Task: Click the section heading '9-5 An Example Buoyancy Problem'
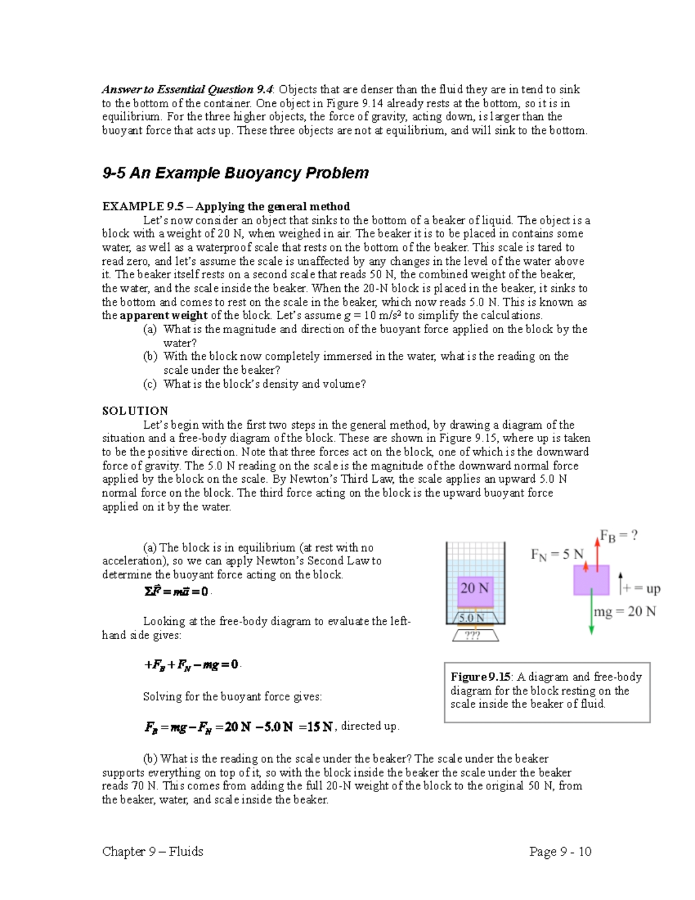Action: coord(235,173)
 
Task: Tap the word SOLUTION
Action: coord(135,411)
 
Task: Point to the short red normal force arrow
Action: coord(586,566)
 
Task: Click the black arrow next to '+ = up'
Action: coord(620,583)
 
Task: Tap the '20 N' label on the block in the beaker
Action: coord(474,588)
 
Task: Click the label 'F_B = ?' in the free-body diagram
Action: coord(618,535)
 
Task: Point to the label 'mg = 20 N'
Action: coord(625,611)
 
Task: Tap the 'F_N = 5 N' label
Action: coord(557,555)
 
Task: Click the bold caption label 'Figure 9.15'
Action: coord(481,677)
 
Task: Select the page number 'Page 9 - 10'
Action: coord(560,851)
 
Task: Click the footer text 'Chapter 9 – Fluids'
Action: coord(152,851)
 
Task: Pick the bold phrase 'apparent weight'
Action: coord(163,316)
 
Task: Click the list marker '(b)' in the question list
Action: coord(150,356)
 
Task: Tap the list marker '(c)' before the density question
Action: coord(150,384)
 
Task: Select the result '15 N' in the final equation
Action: coord(320,727)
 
